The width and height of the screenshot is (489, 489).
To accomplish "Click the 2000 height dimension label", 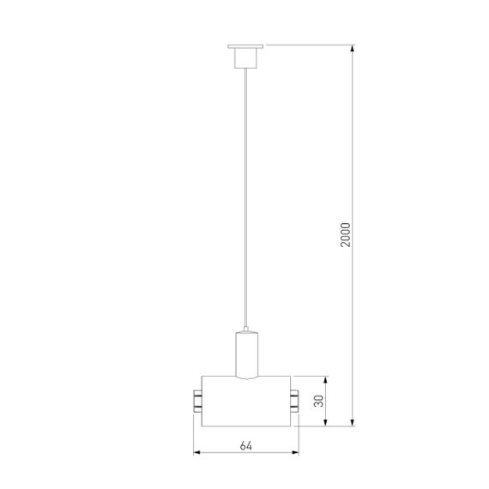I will (346, 232).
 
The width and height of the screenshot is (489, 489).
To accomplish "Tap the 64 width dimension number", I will (246, 445).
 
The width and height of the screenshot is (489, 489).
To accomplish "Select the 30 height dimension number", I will (317, 400).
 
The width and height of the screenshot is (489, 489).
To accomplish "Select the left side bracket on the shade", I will (196, 400).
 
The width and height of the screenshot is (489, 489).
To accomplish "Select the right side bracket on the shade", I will (294, 400).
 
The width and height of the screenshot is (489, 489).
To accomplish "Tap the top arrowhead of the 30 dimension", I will (325, 379).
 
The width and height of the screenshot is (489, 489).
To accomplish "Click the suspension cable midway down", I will (245, 197).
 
